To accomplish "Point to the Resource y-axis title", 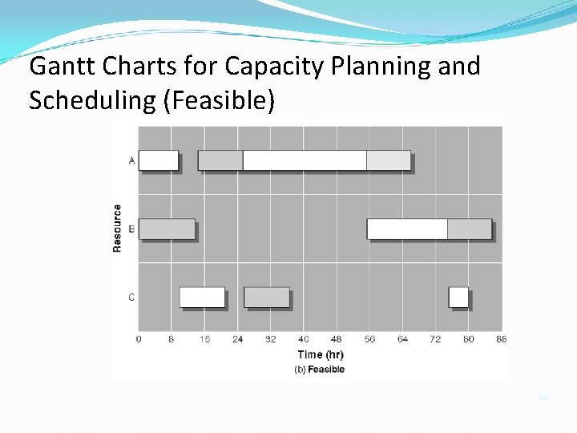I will [118, 229].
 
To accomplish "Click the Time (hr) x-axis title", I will [321, 354].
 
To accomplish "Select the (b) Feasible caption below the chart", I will [320, 370].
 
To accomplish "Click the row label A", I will [131, 160].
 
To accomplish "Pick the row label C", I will [131, 297].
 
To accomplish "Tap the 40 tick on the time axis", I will [304, 339].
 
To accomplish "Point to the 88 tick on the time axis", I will [502, 339].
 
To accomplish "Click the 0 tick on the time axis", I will [139, 339].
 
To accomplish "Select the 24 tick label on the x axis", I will [238, 339].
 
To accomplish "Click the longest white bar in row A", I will [305, 160].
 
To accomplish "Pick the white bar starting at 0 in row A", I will [158, 160].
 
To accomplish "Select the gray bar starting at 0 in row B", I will [167, 229].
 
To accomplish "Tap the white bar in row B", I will [407, 229].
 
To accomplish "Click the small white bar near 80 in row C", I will [458, 297].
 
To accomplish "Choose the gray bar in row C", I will [266, 297].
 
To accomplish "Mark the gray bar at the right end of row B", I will [469, 229].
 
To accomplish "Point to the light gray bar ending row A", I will [389, 160].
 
